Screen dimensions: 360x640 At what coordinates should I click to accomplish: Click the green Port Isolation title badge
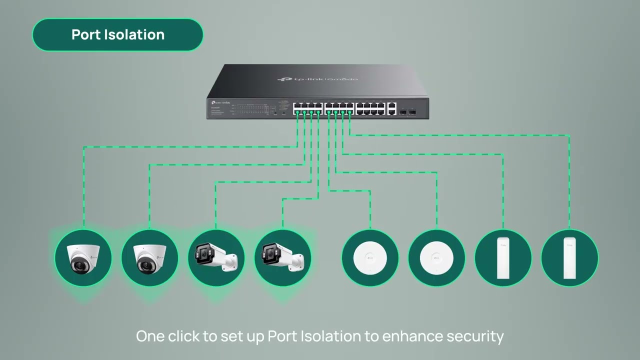tap(117, 35)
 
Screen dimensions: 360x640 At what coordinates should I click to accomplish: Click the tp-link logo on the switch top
tap(317, 79)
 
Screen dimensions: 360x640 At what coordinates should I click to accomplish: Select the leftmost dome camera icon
tap(83, 258)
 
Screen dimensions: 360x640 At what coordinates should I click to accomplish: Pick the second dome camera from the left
tap(149, 258)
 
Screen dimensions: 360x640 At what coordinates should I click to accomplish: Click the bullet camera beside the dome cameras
tap(216, 258)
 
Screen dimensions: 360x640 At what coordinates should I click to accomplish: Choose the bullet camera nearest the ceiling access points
tap(282, 258)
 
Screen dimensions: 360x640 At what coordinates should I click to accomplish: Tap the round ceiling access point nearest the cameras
tap(370, 258)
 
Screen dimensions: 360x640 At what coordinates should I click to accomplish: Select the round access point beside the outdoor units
tap(436, 258)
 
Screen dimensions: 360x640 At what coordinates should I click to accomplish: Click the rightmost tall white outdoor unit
tap(569, 258)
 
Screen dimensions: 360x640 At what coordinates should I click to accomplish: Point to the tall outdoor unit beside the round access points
tap(503, 258)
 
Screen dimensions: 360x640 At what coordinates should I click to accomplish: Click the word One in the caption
tap(150, 336)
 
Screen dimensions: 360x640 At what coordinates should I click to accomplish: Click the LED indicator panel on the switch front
tap(250, 108)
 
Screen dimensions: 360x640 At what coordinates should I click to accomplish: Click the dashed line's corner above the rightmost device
tap(569, 135)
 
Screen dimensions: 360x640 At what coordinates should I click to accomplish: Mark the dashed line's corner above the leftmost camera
tap(83, 147)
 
